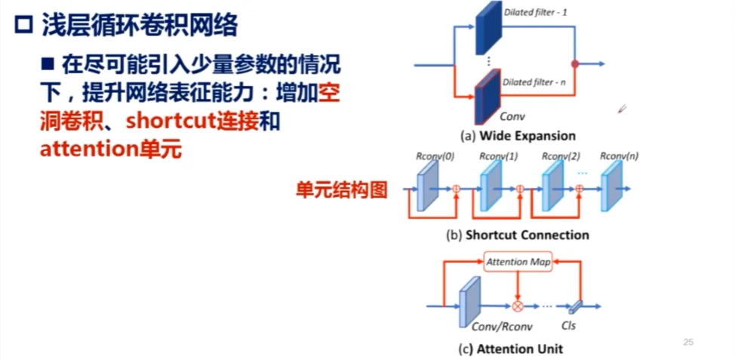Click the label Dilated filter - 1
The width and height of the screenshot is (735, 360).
[535, 12]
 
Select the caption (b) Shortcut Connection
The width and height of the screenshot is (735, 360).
[518, 235]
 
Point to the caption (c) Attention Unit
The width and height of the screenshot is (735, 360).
[511, 349]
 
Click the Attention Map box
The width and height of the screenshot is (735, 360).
[517, 262]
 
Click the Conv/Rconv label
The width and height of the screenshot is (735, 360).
[491, 328]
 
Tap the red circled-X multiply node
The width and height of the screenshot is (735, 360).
[518, 306]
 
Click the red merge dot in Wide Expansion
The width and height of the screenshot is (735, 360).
[575, 65]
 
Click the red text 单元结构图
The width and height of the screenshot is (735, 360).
[341, 189]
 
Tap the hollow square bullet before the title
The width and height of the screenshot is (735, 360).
[23, 26]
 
